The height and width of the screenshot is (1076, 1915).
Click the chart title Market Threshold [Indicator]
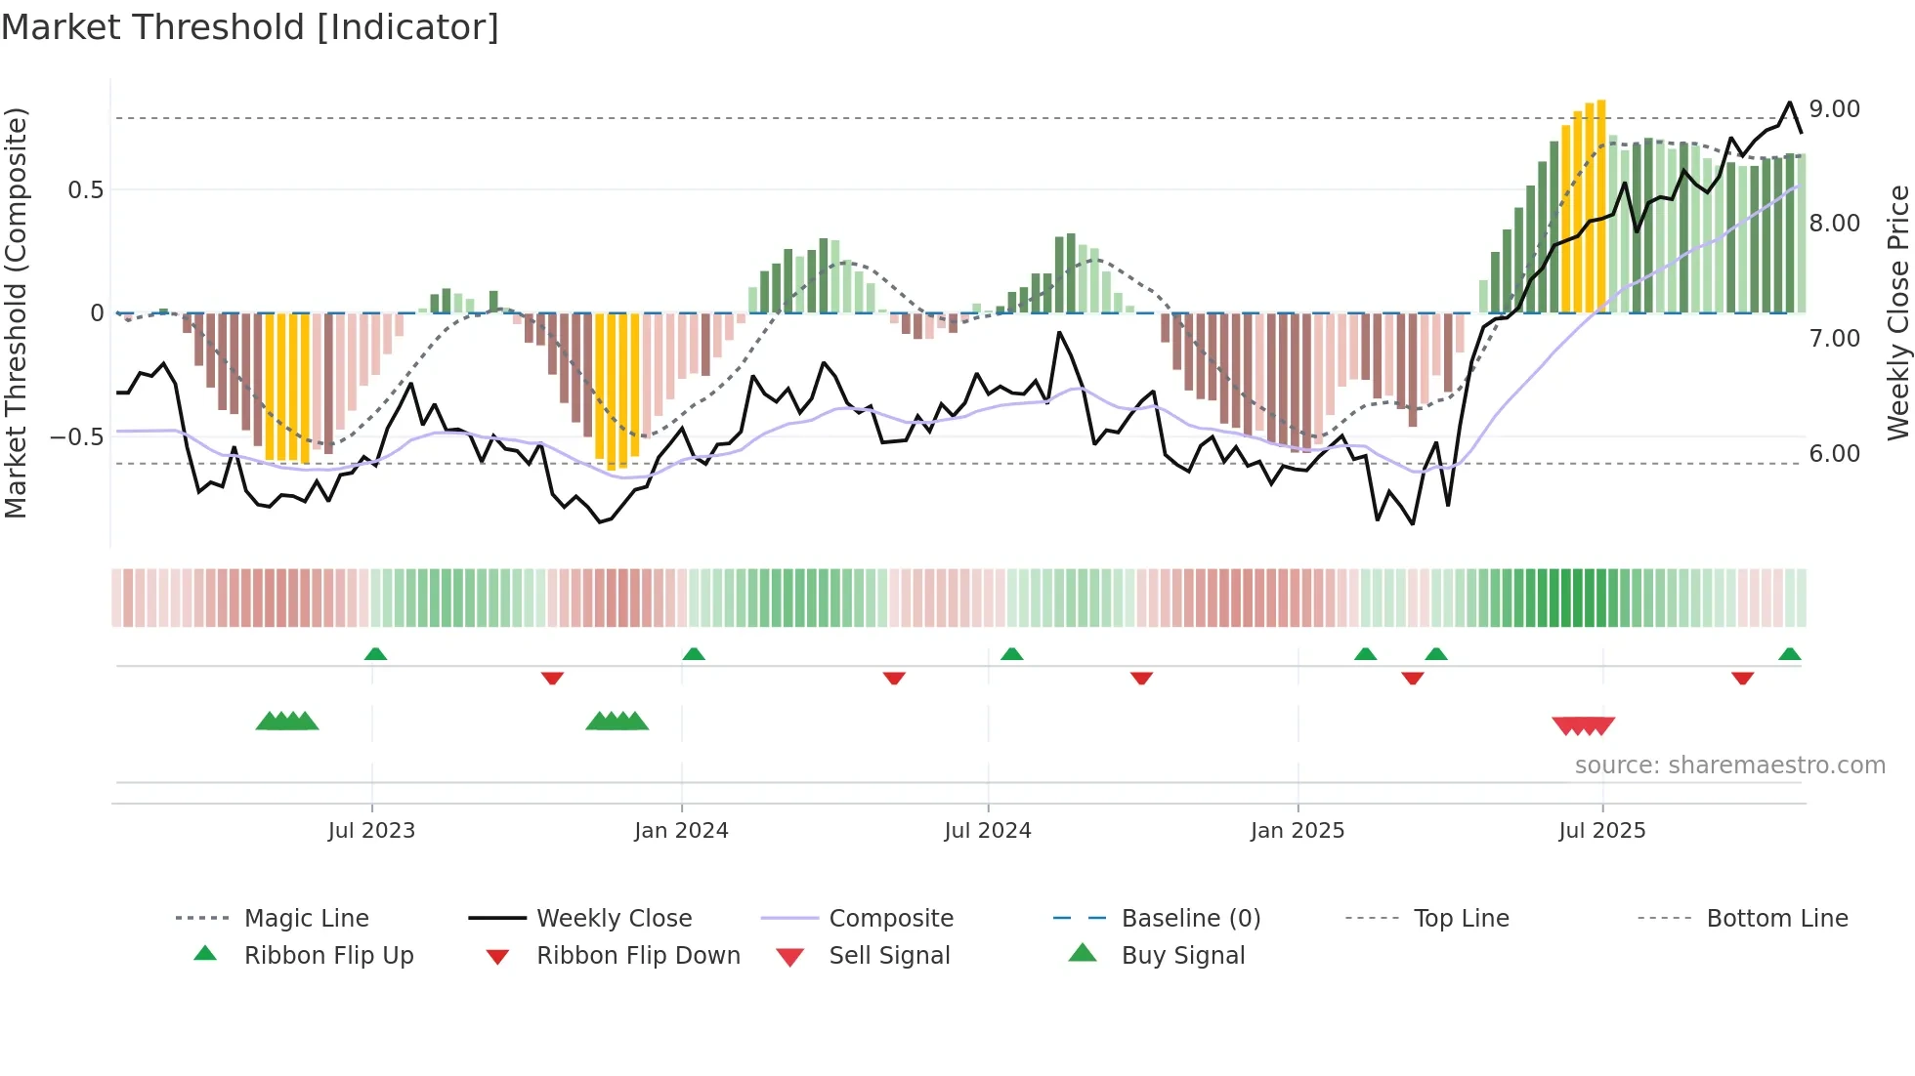point(249,27)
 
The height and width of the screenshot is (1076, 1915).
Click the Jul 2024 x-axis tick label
point(987,831)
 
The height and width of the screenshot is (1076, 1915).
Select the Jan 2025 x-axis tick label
point(1297,831)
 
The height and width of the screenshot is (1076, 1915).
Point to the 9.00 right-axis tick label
point(1834,109)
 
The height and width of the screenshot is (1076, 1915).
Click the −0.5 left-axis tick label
point(76,436)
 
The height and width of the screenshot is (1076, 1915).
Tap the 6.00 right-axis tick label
point(1834,454)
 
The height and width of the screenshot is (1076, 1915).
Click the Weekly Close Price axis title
point(1897,312)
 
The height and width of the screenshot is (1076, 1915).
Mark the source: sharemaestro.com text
point(1729,766)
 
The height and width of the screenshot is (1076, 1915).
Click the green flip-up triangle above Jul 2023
point(375,654)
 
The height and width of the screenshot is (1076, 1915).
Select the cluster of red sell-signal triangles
point(1583,725)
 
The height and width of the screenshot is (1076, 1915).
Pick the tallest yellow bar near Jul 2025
point(1601,205)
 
